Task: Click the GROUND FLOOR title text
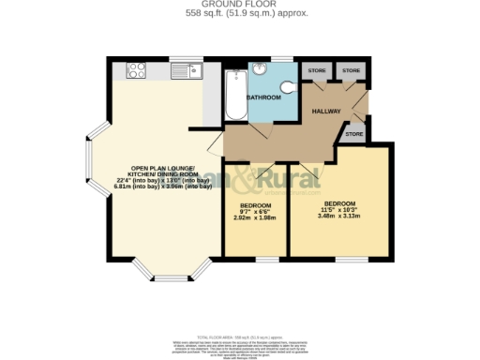click(x=240, y=5)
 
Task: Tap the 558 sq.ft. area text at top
click(x=240, y=13)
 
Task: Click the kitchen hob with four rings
click(x=134, y=68)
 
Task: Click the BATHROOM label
click(x=263, y=97)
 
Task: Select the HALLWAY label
click(x=328, y=111)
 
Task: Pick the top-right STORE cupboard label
click(x=351, y=70)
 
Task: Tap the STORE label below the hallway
click(x=352, y=135)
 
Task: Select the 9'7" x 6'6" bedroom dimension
click(x=256, y=212)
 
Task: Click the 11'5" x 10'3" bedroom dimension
click(x=339, y=210)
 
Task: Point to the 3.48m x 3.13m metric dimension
click(x=339, y=217)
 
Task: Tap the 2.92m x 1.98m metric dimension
click(x=256, y=218)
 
